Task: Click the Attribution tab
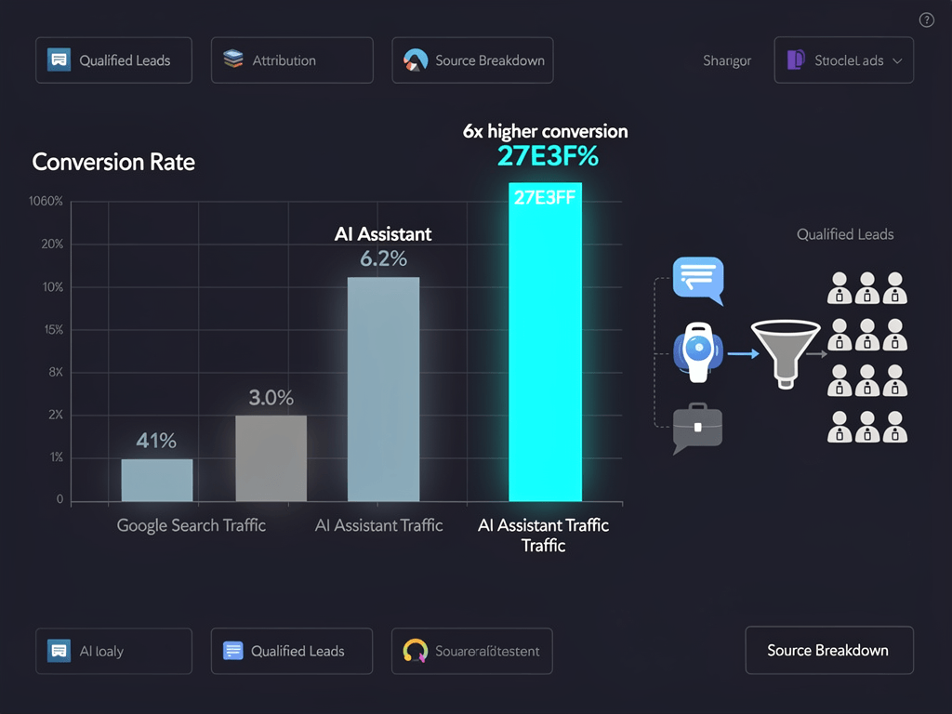coord(292,60)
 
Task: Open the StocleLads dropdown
coord(843,60)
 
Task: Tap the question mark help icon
coord(926,20)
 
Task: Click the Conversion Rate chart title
coord(113,162)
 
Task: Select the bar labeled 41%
coord(157,480)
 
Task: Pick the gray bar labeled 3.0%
coord(271,457)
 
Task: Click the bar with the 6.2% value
coord(383,389)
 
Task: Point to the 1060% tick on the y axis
coord(46,202)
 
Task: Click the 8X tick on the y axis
coord(55,372)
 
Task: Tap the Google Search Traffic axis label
coord(192,525)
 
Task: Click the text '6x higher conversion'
coord(545,131)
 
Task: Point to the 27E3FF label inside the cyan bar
coord(545,196)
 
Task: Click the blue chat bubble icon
coord(697,279)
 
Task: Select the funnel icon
coord(785,351)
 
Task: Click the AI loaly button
coord(113,651)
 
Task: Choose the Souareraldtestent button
coord(472,651)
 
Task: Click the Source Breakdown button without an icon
coord(828,650)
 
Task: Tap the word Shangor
coord(727,60)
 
